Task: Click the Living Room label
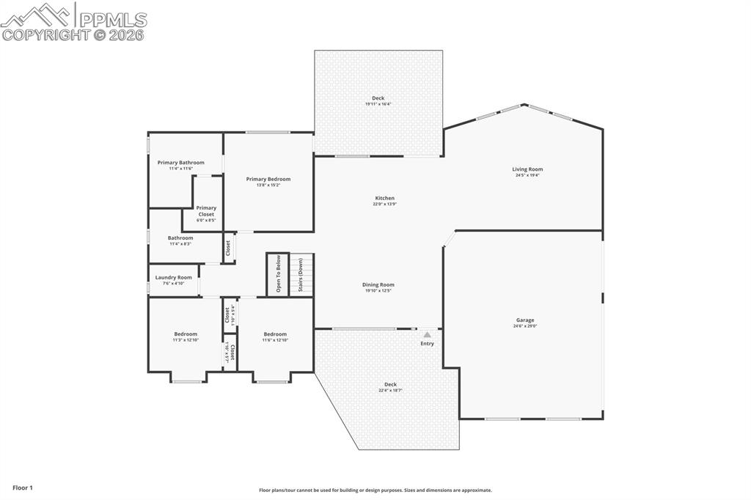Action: click(x=527, y=169)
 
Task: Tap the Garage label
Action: click(x=524, y=320)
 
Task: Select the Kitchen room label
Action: click(x=384, y=198)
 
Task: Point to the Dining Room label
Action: click(x=378, y=284)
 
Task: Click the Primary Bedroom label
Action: click(x=268, y=179)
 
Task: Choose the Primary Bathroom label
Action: click(x=180, y=163)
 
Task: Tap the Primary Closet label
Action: click(x=206, y=211)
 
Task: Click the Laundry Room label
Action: click(x=173, y=277)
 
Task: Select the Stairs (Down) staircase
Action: click(x=301, y=275)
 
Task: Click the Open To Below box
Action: click(x=278, y=275)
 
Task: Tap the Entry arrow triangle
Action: click(x=427, y=334)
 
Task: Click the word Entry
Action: click(x=427, y=344)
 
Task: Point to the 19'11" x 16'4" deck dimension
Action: click(x=378, y=104)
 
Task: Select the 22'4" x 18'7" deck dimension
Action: click(x=390, y=391)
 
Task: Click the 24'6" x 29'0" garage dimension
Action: click(x=524, y=326)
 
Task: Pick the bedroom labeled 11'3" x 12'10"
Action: click(x=186, y=337)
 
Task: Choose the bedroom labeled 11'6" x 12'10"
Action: click(x=275, y=337)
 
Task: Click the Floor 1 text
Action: click(x=23, y=488)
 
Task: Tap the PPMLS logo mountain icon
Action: click(x=37, y=15)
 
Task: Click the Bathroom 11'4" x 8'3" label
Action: click(x=180, y=240)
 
